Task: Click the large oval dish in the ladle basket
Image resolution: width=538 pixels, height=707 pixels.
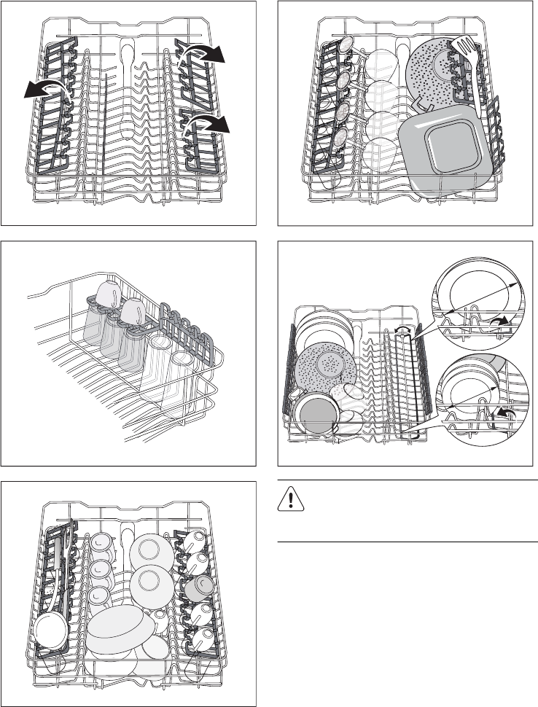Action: pyautogui.click(x=120, y=626)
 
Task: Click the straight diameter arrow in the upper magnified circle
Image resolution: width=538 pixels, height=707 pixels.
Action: pyautogui.click(x=482, y=298)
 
